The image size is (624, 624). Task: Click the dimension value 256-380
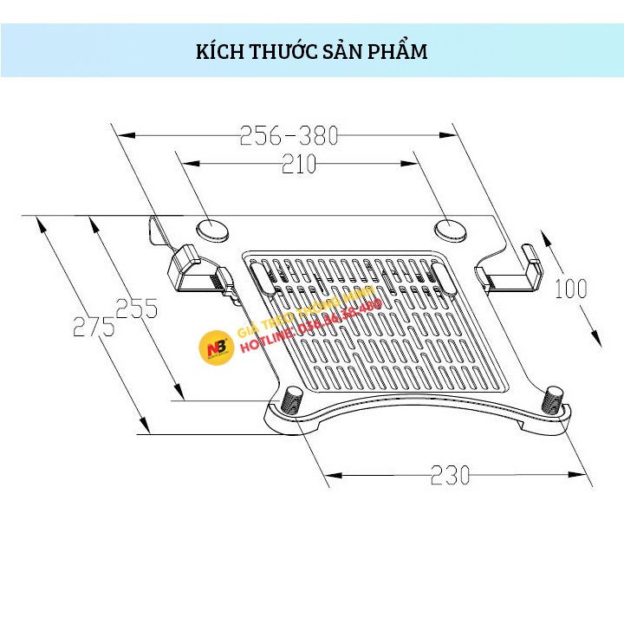(289, 135)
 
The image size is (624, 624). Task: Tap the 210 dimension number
(299, 164)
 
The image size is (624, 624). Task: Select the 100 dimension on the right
(570, 288)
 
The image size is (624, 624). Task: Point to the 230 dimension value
(452, 475)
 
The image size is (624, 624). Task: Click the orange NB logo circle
(216, 348)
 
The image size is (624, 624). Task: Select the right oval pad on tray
(449, 230)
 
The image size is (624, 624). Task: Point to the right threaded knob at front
(554, 400)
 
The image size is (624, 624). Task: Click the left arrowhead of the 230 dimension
(331, 475)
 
